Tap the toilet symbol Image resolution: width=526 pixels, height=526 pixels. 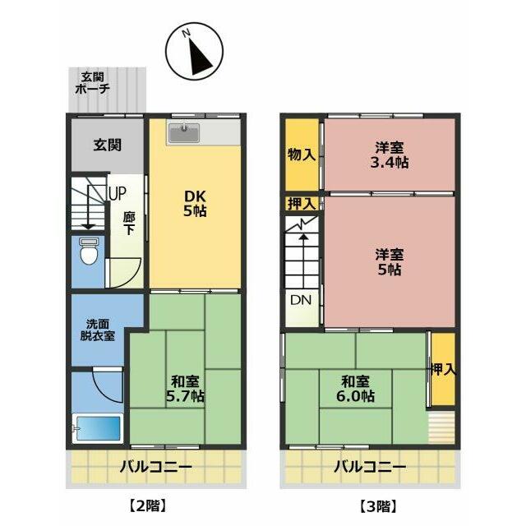click(x=89, y=251)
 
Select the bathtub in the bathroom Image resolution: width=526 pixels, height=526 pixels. click(x=97, y=428)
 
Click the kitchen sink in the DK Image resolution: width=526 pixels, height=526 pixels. click(x=184, y=132)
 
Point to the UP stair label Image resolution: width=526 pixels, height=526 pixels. click(x=117, y=193)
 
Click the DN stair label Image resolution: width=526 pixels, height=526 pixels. click(x=301, y=300)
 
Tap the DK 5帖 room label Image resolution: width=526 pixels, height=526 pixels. click(x=195, y=204)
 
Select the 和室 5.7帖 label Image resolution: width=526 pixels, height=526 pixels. click(x=185, y=389)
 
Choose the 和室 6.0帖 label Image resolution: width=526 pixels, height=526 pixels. click(x=355, y=389)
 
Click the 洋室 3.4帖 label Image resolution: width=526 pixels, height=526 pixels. click(x=389, y=155)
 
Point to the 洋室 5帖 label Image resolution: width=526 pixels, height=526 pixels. click(x=389, y=262)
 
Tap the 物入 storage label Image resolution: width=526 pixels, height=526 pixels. click(x=302, y=155)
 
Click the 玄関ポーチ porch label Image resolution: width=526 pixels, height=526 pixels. click(x=93, y=83)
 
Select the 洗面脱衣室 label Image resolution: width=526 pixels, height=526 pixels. click(x=97, y=330)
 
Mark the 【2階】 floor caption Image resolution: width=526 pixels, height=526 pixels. click(x=148, y=506)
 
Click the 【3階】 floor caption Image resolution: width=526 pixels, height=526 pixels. click(x=378, y=506)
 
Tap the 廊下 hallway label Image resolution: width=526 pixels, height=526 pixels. click(x=128, y=224)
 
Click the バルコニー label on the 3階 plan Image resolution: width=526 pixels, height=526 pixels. click(x=370, y=466)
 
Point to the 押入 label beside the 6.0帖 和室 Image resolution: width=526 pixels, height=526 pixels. click(x=443, y=369)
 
